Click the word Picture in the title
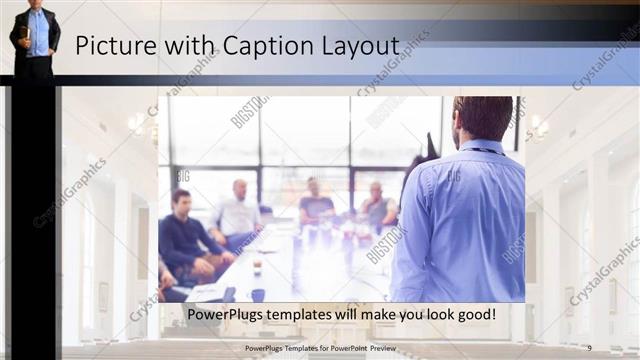(112, 46)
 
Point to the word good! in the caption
(473, 315)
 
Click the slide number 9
(589, 348)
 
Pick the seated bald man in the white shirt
(239, 212)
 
